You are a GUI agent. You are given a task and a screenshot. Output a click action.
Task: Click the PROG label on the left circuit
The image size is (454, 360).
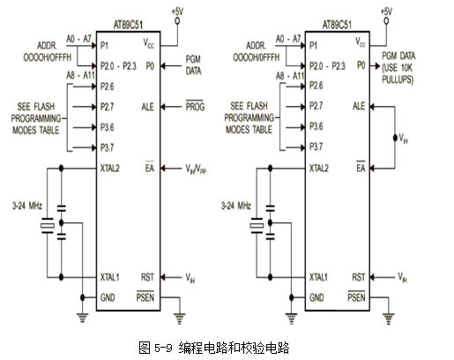tap(195, 106)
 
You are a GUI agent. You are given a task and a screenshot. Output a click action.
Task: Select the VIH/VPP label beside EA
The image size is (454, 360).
tap(196, 169)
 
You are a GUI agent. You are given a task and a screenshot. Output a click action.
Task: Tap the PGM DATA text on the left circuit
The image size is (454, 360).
tap(193, 65)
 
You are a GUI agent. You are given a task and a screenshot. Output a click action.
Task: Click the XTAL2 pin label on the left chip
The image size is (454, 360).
tap(110, 169)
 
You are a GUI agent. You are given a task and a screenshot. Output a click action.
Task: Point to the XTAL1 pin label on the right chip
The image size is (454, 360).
tap(318, 277)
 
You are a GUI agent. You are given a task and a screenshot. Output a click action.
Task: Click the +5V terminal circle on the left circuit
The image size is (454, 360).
tap(177, 21)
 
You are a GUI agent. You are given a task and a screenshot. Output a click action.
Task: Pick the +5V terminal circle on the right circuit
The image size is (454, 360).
tap(386, 21)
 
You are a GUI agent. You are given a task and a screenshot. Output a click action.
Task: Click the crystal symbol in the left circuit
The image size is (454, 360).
tap(48, 226)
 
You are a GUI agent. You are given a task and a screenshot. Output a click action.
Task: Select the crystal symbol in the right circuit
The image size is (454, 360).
tap(257, 226)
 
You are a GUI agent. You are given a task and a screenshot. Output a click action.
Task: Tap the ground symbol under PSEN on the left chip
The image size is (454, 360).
tap(179, 319)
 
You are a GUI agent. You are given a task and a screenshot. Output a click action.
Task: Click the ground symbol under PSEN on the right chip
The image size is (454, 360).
tap(389, 319)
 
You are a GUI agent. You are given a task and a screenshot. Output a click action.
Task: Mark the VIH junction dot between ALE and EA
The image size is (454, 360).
tap(395, 138)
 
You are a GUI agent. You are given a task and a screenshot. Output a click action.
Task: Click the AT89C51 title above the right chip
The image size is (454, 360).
tap(337, 25)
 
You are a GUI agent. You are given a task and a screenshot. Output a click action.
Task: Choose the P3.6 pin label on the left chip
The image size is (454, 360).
tap(107, 127)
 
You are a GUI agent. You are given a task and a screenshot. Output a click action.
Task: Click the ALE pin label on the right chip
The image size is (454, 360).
tap(359, 106)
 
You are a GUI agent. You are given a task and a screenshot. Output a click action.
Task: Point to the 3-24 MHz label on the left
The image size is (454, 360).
tap(27, 206)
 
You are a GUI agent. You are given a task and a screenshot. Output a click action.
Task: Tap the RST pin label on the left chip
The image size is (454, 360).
tap(147, 277)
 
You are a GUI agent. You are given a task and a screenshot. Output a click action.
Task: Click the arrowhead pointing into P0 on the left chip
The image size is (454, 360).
tap(163, 66)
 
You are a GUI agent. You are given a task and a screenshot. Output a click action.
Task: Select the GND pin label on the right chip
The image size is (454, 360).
tap(316, 297)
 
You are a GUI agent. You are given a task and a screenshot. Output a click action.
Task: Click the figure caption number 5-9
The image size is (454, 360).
tap(163, 349)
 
